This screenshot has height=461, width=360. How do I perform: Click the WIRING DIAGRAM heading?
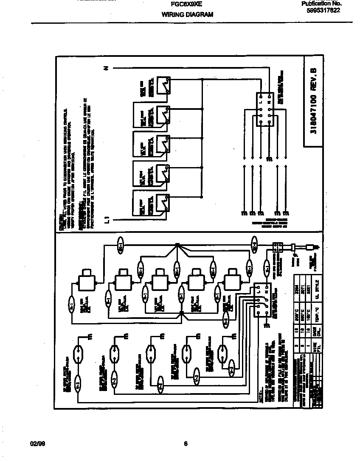coord(187,14)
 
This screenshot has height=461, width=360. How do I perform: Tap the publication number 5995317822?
coord(323,11)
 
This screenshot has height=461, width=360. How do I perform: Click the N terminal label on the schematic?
coord(107,68)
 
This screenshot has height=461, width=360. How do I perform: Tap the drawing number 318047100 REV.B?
coord(313,103)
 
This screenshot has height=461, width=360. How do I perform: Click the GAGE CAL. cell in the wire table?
coord(316,330)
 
